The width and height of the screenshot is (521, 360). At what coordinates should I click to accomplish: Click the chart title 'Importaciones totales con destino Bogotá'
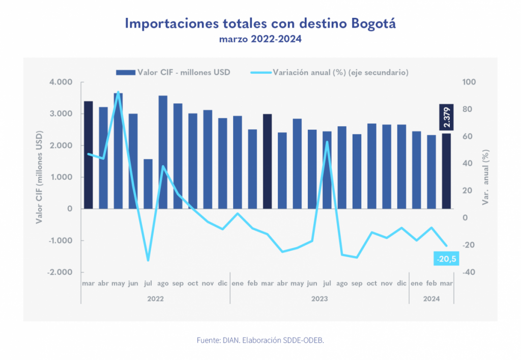click(x=260, y=23)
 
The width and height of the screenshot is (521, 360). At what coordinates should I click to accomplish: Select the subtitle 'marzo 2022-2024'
click(x=260, y=39)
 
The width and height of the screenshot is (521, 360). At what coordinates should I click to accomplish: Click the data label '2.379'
click(x=446, y=117)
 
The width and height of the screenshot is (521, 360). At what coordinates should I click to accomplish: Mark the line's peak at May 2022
click(x=118, y=92)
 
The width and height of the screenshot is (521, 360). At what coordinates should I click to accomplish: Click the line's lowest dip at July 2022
click(x=148, y=260)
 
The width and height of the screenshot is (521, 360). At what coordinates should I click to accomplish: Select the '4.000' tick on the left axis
click(x=62, y=82)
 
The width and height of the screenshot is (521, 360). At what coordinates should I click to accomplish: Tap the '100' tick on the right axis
click(x=468, y=82)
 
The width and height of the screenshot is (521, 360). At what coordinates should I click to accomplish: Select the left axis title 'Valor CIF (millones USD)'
click(x=39, y=177)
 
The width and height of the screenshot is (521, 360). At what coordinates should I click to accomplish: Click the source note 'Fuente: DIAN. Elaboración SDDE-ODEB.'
click(x=260, y=340)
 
